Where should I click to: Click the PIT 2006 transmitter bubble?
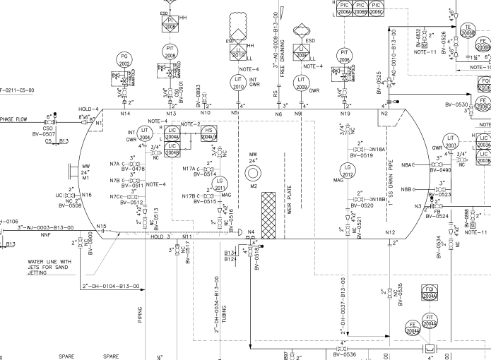coord(345,56)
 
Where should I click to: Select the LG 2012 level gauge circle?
coord(347,172)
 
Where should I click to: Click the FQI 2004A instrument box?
coord(430,292)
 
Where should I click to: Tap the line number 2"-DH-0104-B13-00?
coord(111,287)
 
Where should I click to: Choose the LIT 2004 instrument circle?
coord(145,134)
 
